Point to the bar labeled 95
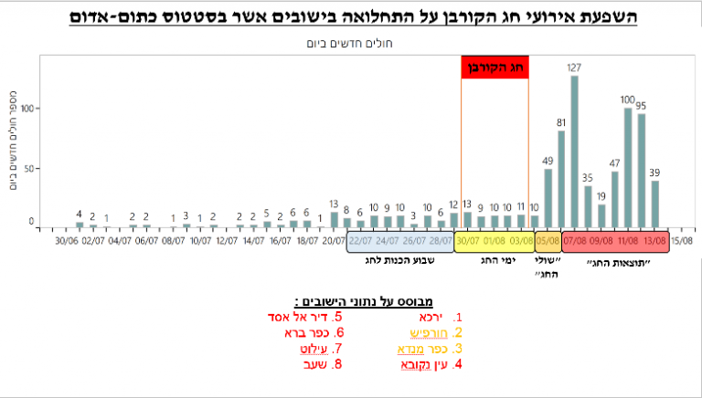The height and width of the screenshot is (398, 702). tap(642, 170)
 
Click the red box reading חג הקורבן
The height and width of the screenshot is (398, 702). tap(495, 68)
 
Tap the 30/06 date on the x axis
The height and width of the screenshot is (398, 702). tap(67, 241)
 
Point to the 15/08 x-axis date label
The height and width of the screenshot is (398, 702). tap(682, 241)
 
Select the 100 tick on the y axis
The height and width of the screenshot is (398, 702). tap(27, 109)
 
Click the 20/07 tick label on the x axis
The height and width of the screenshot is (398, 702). tap(335, 241)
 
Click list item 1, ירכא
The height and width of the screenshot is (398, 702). tap(420, 317)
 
